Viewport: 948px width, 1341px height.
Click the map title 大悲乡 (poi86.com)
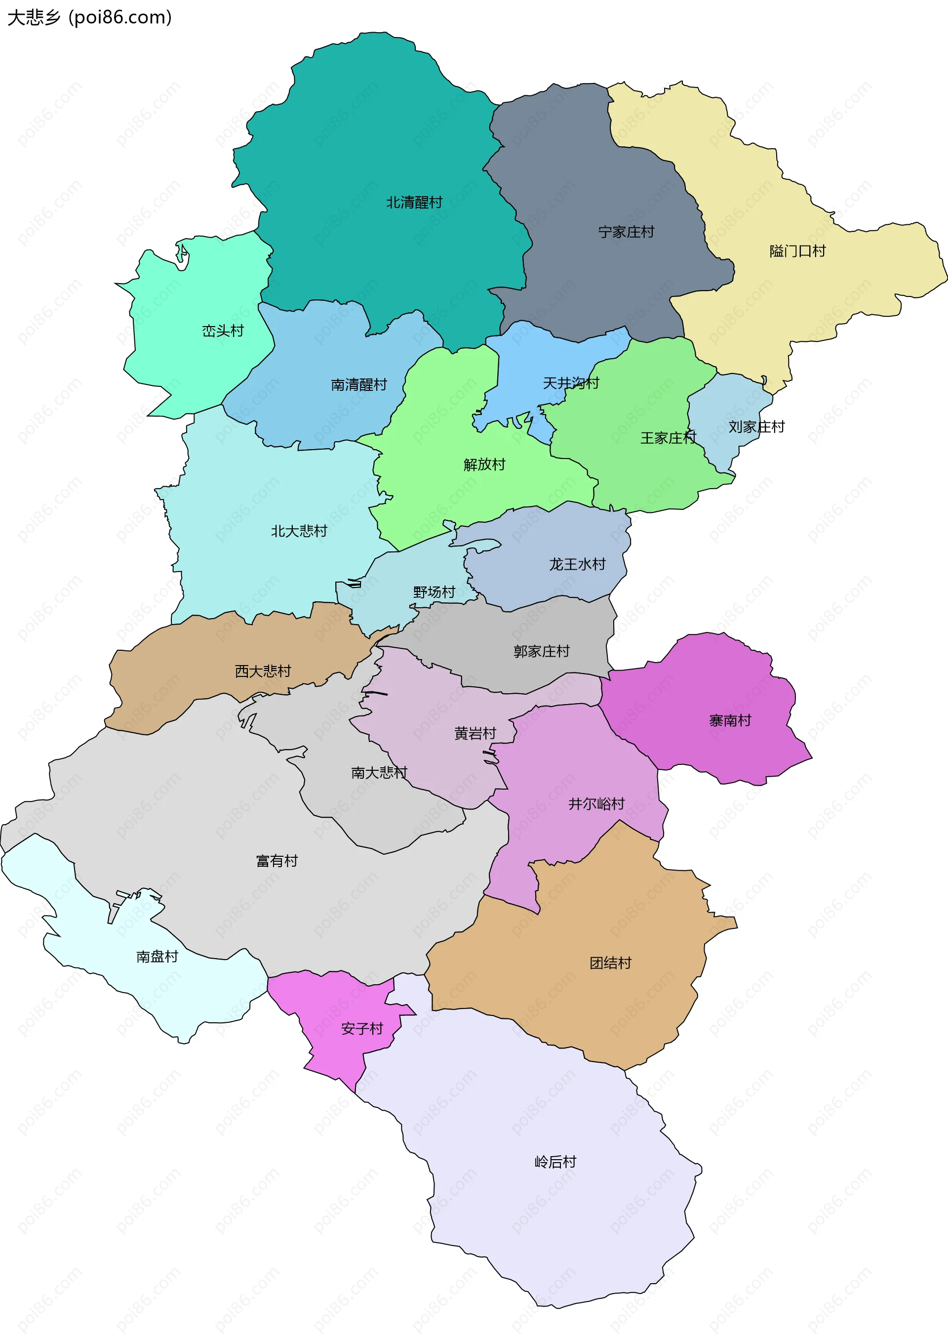click(89, 17)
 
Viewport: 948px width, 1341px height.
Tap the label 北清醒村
click(414, 203)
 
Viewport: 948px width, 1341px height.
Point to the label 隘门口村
click(797, 251)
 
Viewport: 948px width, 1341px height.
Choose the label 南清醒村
click(358, 385)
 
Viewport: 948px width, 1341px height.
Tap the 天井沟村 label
click(570, 383)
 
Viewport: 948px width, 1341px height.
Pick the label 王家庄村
click(668, 438)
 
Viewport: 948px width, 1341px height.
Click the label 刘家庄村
click(756, 427)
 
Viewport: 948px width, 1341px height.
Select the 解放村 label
click(484, 465)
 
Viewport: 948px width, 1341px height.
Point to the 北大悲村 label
click(299, 531)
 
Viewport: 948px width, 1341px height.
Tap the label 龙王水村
click(577, 564)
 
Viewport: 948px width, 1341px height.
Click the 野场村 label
click(434, 592)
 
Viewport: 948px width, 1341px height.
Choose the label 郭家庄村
click(541, 651)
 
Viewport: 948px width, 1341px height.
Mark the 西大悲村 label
click(263, 671)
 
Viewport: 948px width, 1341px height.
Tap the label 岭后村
click(555, 1162)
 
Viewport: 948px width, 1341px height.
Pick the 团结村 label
click(610, 963)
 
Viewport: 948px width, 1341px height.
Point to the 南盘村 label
click(157, 957)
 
